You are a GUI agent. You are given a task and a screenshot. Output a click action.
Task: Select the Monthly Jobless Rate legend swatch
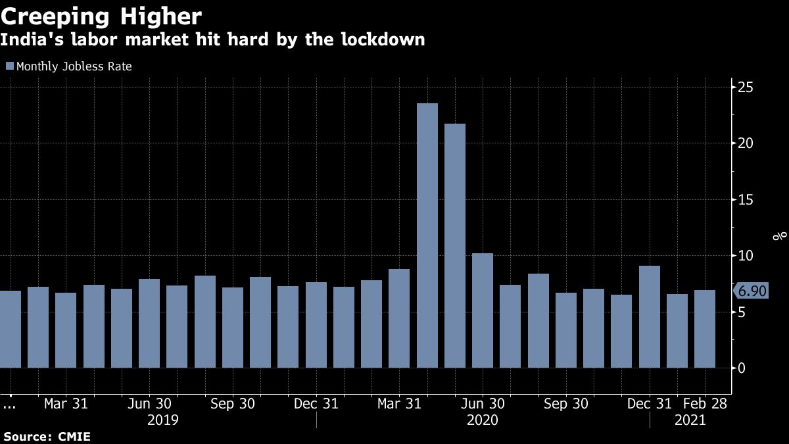click(x=9, y=66)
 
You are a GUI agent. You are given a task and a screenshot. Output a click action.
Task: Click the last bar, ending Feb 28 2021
click(x=705, y=329)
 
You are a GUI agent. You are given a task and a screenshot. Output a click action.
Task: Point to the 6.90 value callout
click(x=752, y=291)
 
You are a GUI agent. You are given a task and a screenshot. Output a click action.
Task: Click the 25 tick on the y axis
click(x=746, y=87)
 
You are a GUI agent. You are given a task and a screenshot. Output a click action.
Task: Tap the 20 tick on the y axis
click(x=746, y=143)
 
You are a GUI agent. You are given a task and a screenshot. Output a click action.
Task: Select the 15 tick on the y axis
click(x=746, y=199)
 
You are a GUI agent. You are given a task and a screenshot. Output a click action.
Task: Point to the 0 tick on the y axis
click(x=742, y=368)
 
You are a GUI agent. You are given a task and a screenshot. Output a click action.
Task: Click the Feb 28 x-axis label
click(x=704, y=404)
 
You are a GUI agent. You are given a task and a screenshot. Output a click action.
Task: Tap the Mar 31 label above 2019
click(x=66, y=404)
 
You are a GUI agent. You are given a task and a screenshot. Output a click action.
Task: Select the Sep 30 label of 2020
click(x=566, y=404)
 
